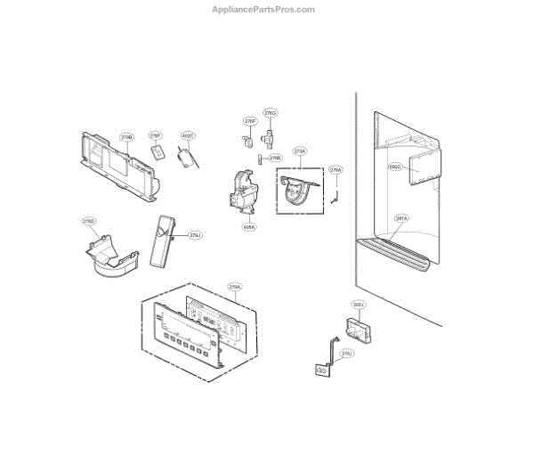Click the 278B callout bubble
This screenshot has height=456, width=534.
click(x=126, y=138)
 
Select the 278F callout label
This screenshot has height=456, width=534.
click(x=155, y=135)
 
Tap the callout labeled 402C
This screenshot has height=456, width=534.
click(x=187, y=136)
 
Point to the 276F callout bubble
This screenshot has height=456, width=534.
click(x=250, y=120)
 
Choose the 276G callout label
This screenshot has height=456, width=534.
click(x=271, y=114)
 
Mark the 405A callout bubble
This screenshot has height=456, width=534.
click(x=248, y=227)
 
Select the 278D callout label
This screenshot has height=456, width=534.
click(x=89, y=221)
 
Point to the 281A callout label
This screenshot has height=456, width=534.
click(x=401, y=218)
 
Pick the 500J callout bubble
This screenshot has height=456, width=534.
click(x=359, y=305)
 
